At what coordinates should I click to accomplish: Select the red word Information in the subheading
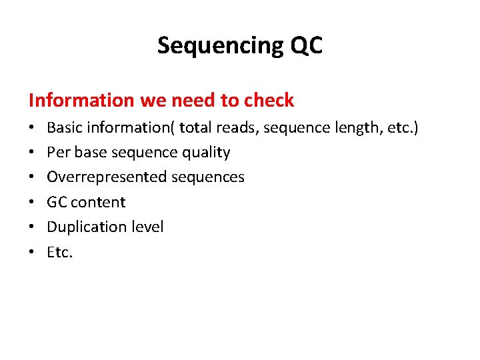(81, 100)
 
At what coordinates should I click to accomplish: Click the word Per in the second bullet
(58, 152)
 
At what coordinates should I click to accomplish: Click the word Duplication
(83, 227)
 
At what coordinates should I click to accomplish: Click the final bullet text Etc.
(59, 252)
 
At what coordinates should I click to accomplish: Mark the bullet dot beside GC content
(32, 202)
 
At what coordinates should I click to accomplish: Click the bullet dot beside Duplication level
(32, 227)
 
